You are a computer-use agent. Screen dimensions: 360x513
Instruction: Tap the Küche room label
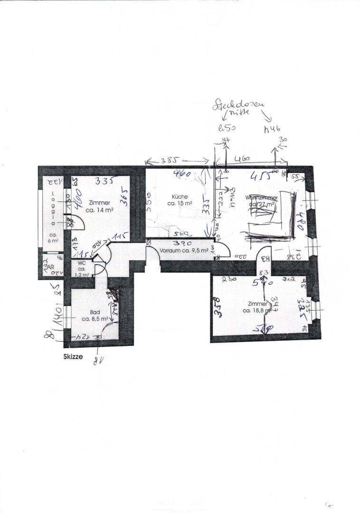(180, 196)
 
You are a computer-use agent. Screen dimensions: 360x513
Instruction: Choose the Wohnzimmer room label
(261, 197)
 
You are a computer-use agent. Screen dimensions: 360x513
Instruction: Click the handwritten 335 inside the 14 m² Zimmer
(104, 181)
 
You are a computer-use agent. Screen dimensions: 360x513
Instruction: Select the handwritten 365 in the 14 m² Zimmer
(124, 195)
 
